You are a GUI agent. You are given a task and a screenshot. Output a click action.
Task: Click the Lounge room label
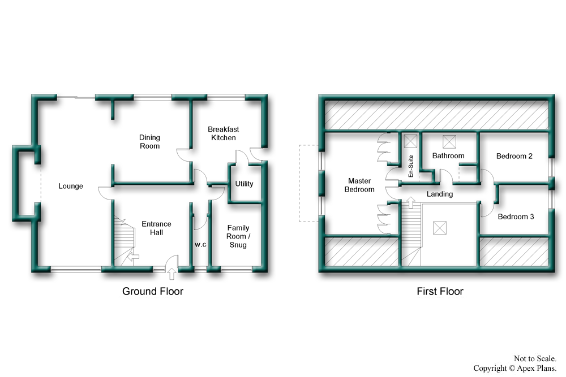coord(71,186)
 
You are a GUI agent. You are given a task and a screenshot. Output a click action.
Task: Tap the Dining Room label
coord(149,142)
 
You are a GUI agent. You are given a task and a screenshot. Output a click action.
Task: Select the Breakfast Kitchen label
coord(224,133)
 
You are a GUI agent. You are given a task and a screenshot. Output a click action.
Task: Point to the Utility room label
coord(244,184)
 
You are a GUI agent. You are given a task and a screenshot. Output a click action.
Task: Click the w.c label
coord(200,244)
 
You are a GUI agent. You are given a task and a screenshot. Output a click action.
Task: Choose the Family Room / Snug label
coord(238,236)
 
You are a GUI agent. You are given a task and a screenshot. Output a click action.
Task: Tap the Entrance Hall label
coord(156,228)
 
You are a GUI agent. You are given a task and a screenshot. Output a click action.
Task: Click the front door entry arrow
coord(172,274)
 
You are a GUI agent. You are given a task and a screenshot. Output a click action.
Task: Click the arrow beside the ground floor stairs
coord(134,257)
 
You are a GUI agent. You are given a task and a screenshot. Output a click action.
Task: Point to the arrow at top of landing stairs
coord(411,202)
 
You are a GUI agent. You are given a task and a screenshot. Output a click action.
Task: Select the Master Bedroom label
coord(359,185)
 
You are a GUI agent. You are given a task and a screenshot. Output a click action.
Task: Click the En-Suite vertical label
coord(410,166)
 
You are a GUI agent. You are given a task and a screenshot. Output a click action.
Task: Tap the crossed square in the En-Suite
coord(410,141)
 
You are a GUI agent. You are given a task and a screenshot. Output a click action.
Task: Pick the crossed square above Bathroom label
coord(449,142)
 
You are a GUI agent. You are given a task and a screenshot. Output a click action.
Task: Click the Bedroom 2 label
coord(514,156)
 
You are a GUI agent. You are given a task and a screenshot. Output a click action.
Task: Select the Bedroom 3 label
coord(516,216)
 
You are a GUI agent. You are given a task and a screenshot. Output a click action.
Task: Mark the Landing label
coord(440,194)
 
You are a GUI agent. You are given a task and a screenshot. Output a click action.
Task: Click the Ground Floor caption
coord(153,291)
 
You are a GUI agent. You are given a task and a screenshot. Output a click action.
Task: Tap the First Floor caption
coord(440,291)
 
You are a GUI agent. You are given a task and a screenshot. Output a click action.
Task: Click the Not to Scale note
coord(535,358)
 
